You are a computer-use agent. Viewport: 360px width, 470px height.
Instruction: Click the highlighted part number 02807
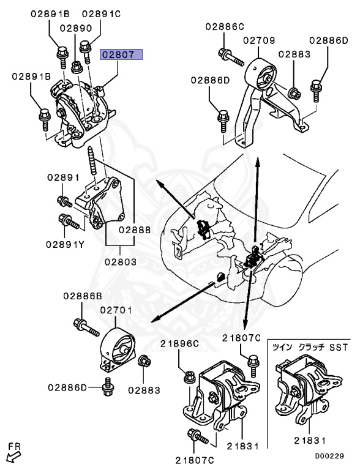tap(122, 54)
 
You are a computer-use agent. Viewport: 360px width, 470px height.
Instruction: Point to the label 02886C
tap(225, 26)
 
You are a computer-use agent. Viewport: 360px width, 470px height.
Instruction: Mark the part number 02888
tap(135, 231)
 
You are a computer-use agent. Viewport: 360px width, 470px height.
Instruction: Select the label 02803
tap(121, 261)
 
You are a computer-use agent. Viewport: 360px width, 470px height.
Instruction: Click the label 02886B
tap(83, 296)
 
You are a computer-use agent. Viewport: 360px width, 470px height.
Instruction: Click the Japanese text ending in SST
tap(312, 348)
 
